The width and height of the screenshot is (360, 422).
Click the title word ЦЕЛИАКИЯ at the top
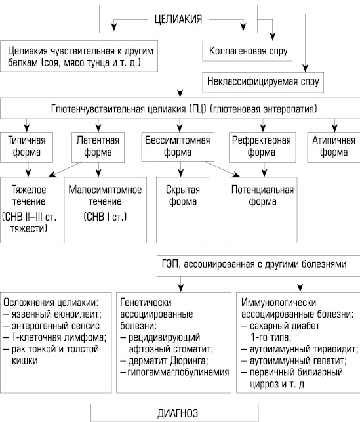(178, 20)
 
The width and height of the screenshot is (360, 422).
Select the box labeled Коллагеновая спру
(247, 51)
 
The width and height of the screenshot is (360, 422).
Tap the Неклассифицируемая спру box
(263, 82)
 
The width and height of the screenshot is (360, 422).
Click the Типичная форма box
(27, 147)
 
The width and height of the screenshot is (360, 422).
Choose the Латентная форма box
(98, 147)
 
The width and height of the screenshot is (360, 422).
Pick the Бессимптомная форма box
(178, 146)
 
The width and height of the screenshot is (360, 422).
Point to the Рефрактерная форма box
(262, 147)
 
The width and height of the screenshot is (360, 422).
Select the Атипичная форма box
(334, 147)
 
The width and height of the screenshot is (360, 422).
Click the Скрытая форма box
(182, 210)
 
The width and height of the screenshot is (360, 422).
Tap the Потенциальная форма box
(263, 210)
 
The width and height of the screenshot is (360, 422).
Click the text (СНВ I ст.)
(105, 217)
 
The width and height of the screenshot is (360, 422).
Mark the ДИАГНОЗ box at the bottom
(174, 413)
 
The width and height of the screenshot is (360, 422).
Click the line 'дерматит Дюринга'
(168, 361)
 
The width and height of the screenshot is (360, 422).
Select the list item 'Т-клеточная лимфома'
(55, 337)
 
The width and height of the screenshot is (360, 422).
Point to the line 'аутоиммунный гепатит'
(294, 361)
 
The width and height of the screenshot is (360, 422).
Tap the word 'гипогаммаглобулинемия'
(178, 373)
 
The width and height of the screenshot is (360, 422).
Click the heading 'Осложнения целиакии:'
(50, 303)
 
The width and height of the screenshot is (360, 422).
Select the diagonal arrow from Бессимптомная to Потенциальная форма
(223, 169)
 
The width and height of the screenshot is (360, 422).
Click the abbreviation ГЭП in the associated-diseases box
(170, 264)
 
